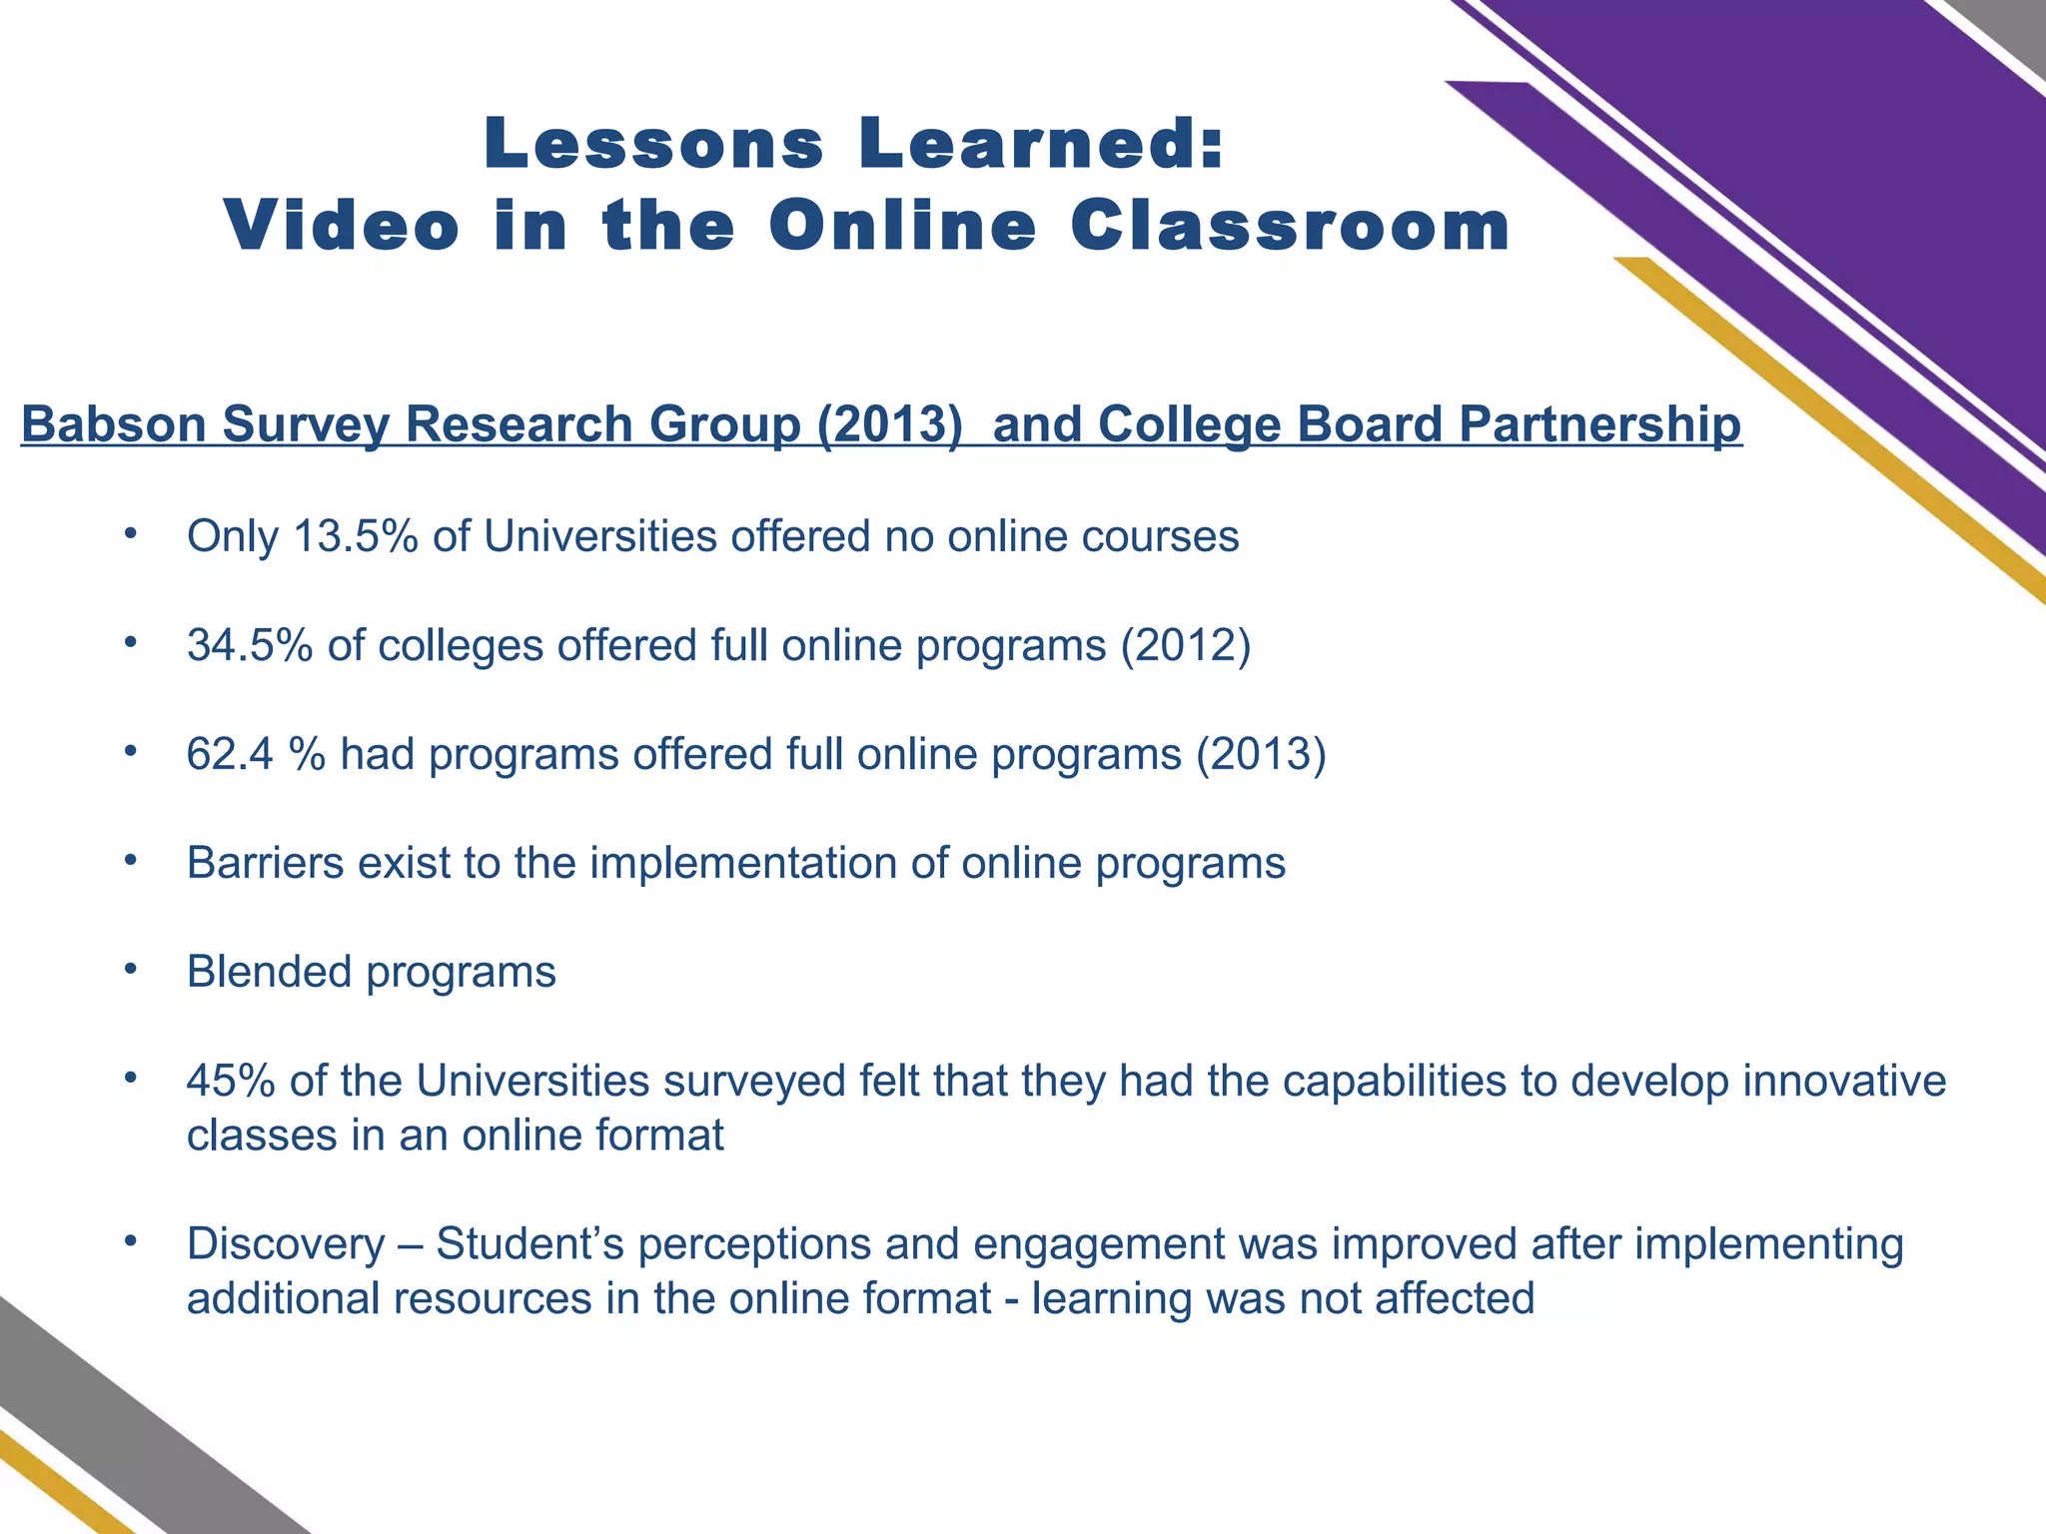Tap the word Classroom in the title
[1290, 226]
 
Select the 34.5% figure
[250, 645]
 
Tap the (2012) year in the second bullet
[1186, 645]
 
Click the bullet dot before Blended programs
[129, 968]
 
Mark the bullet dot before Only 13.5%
[129, 533]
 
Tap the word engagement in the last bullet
[1098, 1244]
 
